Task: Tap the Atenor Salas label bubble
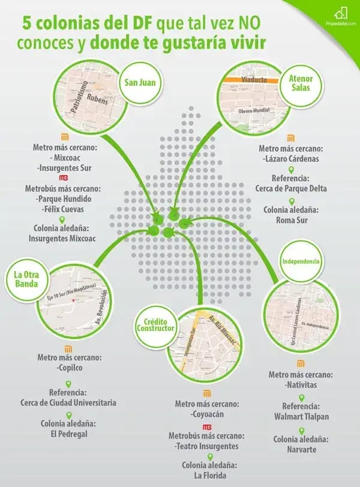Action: pos(301,83)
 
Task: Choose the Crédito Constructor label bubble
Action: pos(155,326)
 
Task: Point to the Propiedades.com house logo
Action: pos(342,13)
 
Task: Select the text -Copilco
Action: pos(69,367)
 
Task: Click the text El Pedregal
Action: pos(68,433)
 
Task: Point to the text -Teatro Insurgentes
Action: pos(207,446)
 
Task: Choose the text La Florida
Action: pos(207,475)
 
